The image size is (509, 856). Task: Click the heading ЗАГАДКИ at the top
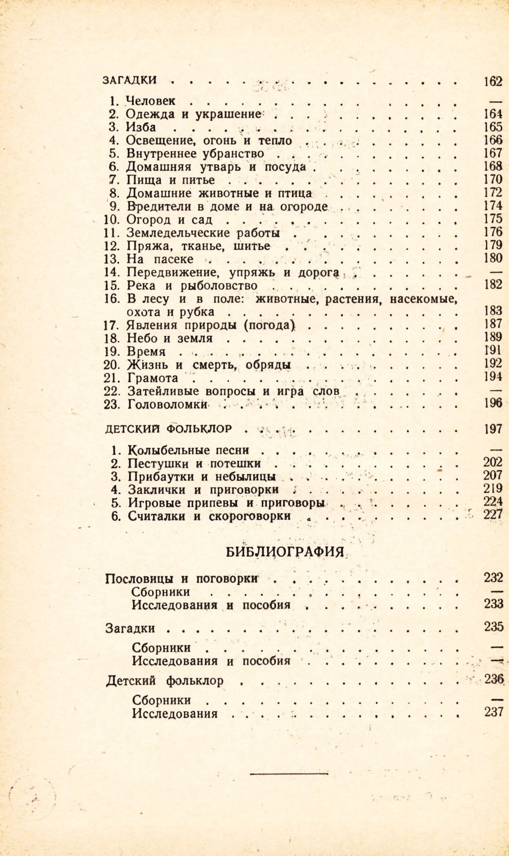tap(129, 80)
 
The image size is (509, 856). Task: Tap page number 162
tap(493, 81)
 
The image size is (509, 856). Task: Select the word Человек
tap(151, 101)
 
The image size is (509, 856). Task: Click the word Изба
tap(141, 127)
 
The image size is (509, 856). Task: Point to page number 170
tap(493, 179)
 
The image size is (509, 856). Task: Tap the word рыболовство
tap(219, 286)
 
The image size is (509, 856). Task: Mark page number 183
tap(493, 310)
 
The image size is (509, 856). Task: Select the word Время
tap(146, 352)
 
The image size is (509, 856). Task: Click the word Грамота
tap(153, 378)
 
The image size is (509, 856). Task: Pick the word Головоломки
tap(167, 404)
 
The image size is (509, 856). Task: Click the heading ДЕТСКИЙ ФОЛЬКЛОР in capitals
tap(169, 429)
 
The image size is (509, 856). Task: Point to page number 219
tap(493, 488)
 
